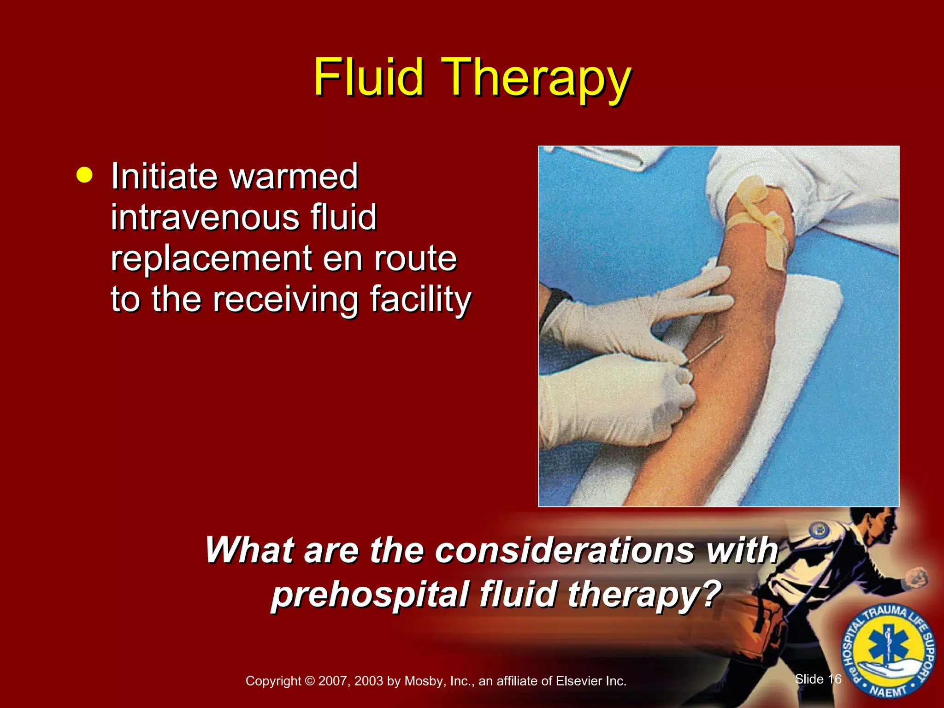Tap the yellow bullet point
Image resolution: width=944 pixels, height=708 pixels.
tap(84, 176)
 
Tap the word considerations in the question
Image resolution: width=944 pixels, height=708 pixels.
tap(564, 550)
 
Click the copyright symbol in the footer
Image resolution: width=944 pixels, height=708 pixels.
tap(310, 681)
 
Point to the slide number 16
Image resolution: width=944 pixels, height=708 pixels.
tap(834, 679)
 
